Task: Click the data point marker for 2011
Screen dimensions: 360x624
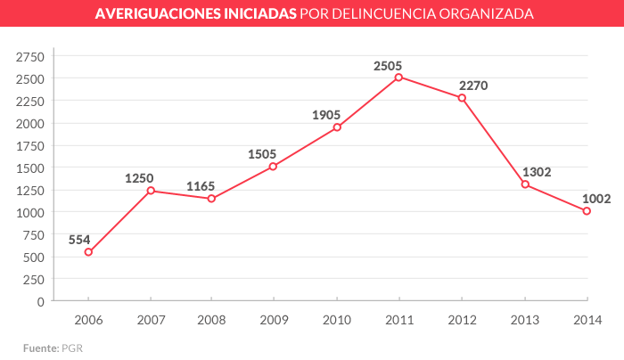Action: pos(398,77)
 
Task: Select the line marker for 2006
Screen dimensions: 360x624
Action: pos(88,252)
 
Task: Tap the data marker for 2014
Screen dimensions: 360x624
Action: pos(587,211)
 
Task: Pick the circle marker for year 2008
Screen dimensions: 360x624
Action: pos(211,199)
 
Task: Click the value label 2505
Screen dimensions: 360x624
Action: pos(388,65)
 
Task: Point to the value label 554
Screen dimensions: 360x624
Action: pos(80,239)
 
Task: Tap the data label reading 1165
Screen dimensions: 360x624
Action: pos(201,186)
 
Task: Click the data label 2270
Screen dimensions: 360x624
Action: pos(473,86)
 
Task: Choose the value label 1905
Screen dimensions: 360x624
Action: pos(326,114)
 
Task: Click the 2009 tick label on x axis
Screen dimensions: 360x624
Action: pos(275,319)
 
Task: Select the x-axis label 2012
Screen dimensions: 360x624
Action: pos(462,319)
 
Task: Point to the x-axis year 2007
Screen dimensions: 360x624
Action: pos(150,319)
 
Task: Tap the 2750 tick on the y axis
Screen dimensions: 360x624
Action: pos(29,56)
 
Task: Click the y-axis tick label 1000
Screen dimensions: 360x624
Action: pos(29,212)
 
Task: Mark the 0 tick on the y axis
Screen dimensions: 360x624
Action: pos(40,301)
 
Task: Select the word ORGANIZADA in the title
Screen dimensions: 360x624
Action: pos(488,15)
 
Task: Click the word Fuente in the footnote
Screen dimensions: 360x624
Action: pos(40,347)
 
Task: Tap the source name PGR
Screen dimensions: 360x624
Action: pos(72,347)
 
